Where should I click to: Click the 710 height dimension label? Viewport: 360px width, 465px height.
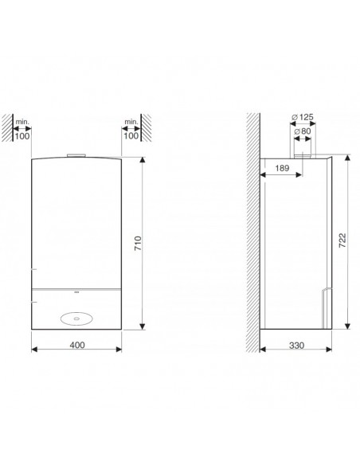[x=139, y=244]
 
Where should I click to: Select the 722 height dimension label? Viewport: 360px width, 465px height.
[x=342, y=240]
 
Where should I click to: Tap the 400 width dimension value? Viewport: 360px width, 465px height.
[x=77, y=345]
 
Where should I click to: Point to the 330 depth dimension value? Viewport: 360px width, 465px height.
[x=296, y=346]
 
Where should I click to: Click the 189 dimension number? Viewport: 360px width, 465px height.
[x=282, y=168]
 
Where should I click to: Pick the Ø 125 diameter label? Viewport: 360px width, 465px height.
[x=302, y=117]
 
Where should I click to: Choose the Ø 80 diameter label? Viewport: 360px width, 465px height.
[x=303, y=131]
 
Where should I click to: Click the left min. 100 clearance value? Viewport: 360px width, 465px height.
[x=22, y=136]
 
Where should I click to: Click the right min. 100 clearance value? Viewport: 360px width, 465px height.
[x=131, y=136]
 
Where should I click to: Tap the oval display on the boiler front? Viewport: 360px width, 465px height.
[x=76, y=318]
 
